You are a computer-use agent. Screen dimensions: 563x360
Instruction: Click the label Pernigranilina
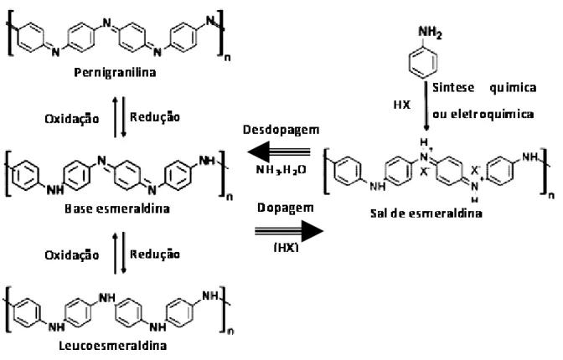pos(115,73)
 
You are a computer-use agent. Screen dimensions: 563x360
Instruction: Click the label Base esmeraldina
pos(117,208)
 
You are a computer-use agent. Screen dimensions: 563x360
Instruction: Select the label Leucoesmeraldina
pos(113,346)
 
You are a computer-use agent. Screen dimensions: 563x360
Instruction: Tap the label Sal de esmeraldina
pos(426,213)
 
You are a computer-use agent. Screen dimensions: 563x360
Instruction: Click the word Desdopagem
pos(281,130)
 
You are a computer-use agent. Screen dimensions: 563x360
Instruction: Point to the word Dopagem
pos(286,208)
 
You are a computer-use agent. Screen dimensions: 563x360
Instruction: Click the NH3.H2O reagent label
pos(281,169)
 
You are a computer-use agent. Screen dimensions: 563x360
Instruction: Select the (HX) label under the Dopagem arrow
pos(287,248)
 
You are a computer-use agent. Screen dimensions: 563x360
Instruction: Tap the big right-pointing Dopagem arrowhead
pos(312,232)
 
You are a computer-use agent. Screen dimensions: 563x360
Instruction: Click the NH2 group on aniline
pos(430,33)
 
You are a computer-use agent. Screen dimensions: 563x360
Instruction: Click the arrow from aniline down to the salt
pos(426,106)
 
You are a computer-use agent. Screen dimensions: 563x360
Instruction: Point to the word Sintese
pos(453,88)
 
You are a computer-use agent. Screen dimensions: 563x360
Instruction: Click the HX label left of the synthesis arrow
pos(402,105)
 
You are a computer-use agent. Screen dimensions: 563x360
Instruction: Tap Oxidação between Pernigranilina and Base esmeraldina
pos(72,119)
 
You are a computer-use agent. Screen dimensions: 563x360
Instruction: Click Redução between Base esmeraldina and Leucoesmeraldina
pos(155,255)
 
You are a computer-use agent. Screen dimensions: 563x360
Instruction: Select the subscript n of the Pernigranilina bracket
pos(227,58)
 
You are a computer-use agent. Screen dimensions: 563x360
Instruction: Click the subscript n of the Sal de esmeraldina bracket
pos(551,196)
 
